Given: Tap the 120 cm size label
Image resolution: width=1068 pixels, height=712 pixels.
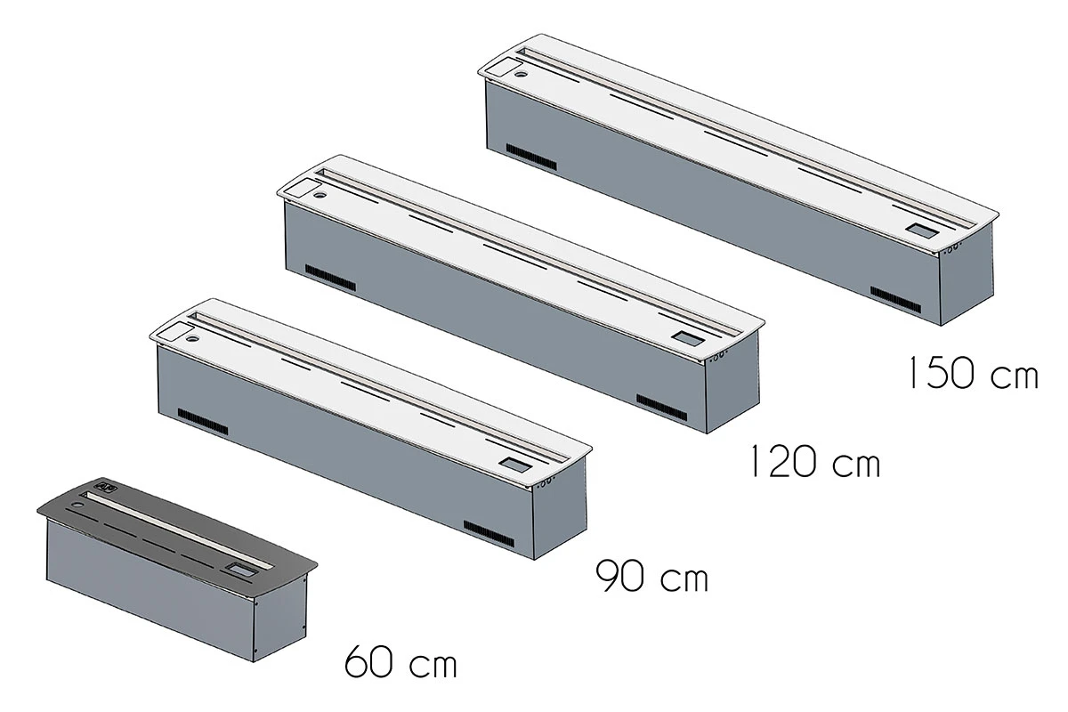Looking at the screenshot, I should pyautogui.click(x=813, y=463).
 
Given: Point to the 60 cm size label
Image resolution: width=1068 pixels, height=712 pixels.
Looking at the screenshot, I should pyautogui.click(x=400, y=663).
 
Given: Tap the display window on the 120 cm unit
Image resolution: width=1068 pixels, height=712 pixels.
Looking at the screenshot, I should pyautogui.click(x=687, y=338).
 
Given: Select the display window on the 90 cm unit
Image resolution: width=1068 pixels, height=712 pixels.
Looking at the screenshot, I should pyautogui.click(x=514, y=464).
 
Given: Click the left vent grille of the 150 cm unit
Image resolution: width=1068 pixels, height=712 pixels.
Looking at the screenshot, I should pyautogui.click(x=531, y=156).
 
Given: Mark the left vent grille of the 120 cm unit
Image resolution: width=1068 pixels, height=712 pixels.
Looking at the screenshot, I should pyautogui.click(x=330, y=277).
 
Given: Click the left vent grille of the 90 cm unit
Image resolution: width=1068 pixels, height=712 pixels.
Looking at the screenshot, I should pyautogui.click(x=202, y=421).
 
